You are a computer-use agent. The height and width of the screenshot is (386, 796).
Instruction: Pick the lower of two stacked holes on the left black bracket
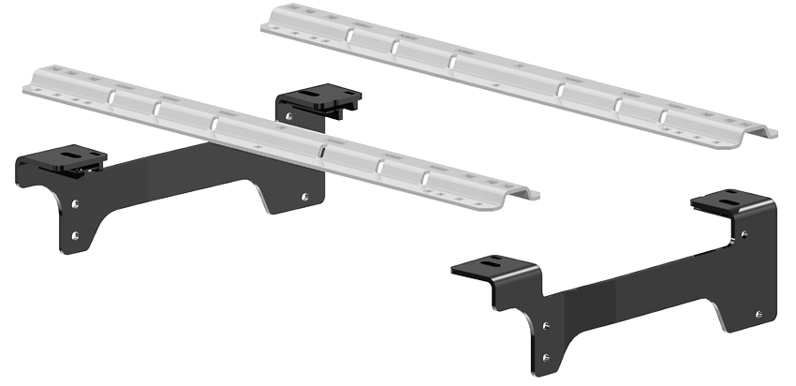76,235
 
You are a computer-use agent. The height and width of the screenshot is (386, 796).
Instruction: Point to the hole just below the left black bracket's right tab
287,116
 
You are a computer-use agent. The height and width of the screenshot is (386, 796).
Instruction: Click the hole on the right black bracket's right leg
758,314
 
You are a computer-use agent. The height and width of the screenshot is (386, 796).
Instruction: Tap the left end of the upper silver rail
270,21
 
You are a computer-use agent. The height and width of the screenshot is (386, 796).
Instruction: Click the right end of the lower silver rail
531,193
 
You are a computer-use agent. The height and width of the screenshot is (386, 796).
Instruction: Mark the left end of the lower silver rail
33,84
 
